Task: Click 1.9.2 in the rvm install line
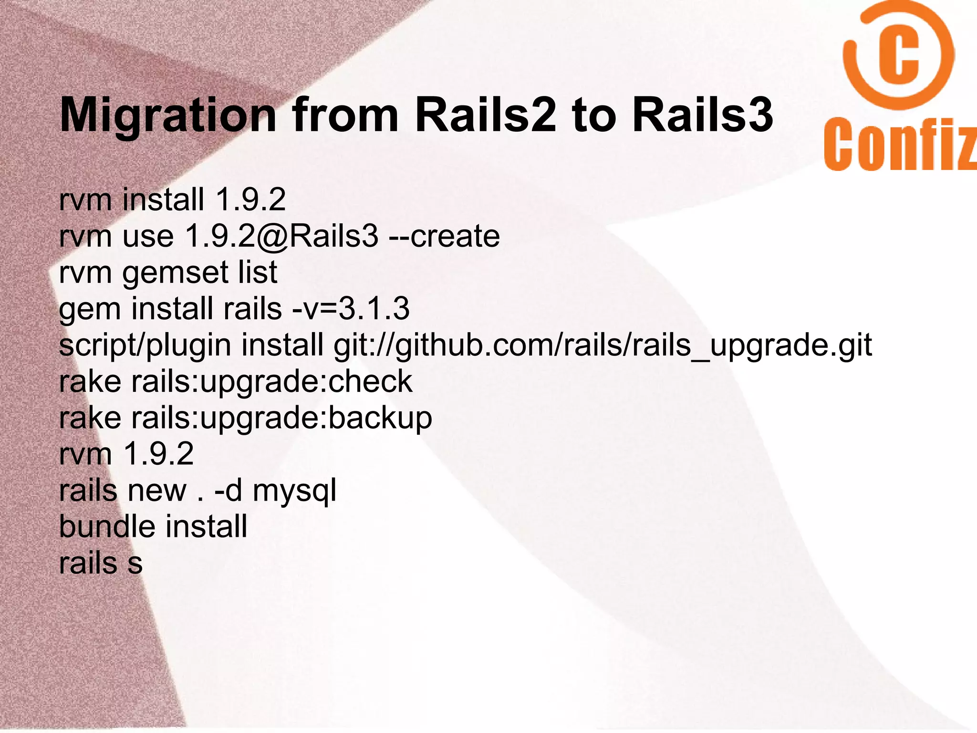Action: click(x=250, y=199)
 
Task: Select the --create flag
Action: click(x=444, y=236)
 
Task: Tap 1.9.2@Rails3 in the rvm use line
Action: click(x=281, y=236)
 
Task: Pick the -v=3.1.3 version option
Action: click(x=351, y=309)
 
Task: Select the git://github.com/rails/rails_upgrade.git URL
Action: click(x=603, y=346)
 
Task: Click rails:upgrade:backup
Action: click(x=281, y=418)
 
